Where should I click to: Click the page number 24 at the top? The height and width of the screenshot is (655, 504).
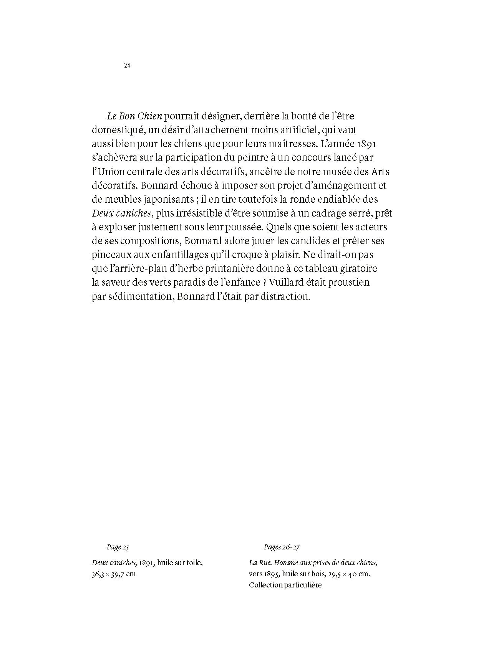pyautogui.click(x=127, y=66)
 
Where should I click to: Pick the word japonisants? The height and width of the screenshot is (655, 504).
pyautogui.click(x=163, y=200)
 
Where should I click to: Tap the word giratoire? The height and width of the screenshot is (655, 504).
pyautogui.click(x=355, y=269)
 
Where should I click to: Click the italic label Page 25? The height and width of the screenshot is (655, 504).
pyautogui.click(x=118, y=547)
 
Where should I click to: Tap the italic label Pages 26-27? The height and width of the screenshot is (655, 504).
pyautogui.click(x=282, y=547)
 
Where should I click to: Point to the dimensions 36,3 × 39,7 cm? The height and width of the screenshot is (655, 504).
pyautogui.click(x=114, y=575)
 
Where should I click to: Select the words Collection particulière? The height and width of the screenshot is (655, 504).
pyautogui.click(x=285, y=586)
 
